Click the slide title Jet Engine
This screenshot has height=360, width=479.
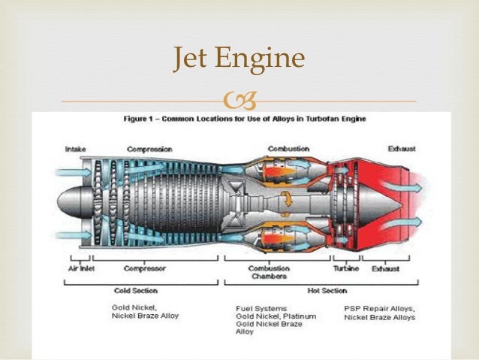pyautogui.click(x=239, y=59)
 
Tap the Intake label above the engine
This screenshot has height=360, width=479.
pyautogui.click(x=75, y=149)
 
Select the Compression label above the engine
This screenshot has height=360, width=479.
pyautogui.click(x=149, y=149)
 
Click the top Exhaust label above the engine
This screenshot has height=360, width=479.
pyautogui.click(x=402, y=149)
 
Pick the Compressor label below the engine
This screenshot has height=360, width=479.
pyautogui.click(x=144, y=268)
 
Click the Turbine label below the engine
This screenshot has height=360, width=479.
pyautogui.click(x=346, y=268)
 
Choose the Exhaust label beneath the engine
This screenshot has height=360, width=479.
pyautogui.click(x=386, y=268)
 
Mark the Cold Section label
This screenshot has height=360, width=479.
pyautogui.click(x=134, y=290)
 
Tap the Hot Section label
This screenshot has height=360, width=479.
pyautogui.click(x=328, y=290)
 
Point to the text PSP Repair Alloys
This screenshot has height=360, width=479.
pyautogui.click(x=379, y=308)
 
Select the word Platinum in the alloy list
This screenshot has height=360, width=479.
pyautogui.click(x=298, y=316)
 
